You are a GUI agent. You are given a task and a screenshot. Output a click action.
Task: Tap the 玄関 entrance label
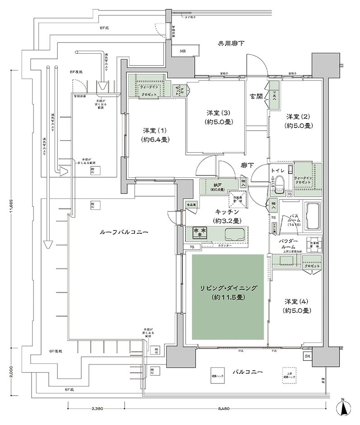click(257, 96)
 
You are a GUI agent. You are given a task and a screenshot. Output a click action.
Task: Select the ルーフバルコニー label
click(124, 231)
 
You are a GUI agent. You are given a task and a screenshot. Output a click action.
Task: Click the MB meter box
click(182, 52)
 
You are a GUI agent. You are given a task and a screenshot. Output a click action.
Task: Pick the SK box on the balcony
click(308, 357)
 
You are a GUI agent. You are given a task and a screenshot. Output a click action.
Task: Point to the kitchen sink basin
click(234, 234)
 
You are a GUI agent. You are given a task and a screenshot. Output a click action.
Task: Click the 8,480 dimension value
click(223, 409)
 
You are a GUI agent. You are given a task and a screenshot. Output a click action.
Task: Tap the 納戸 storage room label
click(218, 186)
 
